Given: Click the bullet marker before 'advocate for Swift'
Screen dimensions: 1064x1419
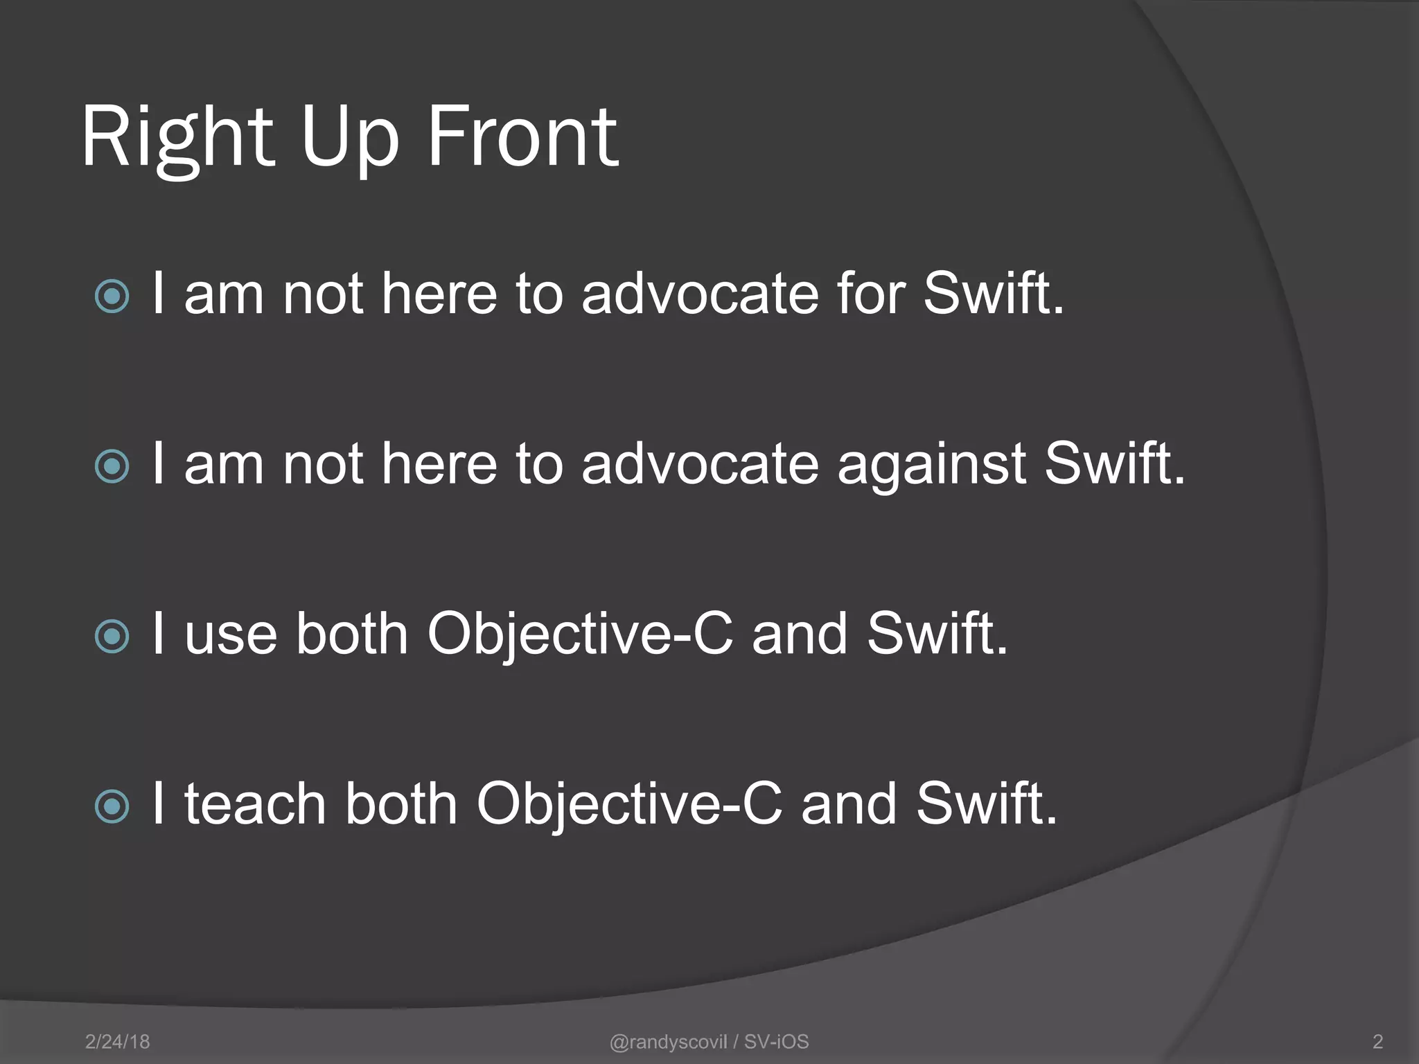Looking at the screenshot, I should tap(112, 296).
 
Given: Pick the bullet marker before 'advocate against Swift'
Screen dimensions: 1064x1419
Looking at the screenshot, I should tap(112, 466).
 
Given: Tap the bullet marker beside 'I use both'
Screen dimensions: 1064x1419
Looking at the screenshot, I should tap(112, 636).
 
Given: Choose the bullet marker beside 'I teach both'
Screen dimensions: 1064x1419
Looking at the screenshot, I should tap(112, 806).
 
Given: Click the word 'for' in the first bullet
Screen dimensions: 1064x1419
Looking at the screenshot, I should tap(871, 294).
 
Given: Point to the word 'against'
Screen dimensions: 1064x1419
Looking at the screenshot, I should tap(931, 464).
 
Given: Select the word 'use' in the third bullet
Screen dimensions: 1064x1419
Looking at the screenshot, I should tap(231, 634).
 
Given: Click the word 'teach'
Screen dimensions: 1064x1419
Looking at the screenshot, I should tap(255, 804).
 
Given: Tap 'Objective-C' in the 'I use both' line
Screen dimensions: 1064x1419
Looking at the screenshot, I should tap(579, 634).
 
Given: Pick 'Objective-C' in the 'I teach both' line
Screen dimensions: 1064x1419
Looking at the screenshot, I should tap(629, 804).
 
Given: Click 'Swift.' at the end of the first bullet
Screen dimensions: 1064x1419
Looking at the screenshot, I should tap(994, 294).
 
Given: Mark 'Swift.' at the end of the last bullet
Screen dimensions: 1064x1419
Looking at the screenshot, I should tap(987, 804).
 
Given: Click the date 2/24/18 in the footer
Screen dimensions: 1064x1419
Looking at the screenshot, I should tap(117, 1041).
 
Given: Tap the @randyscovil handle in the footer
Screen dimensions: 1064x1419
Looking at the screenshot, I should tap(668, 1041).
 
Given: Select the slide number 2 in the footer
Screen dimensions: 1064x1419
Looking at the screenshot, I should tap(1377, 1041).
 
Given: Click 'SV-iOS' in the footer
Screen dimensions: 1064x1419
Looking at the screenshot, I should tap(776, 1041).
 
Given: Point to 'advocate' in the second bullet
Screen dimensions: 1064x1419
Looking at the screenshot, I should tap(700, 464).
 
